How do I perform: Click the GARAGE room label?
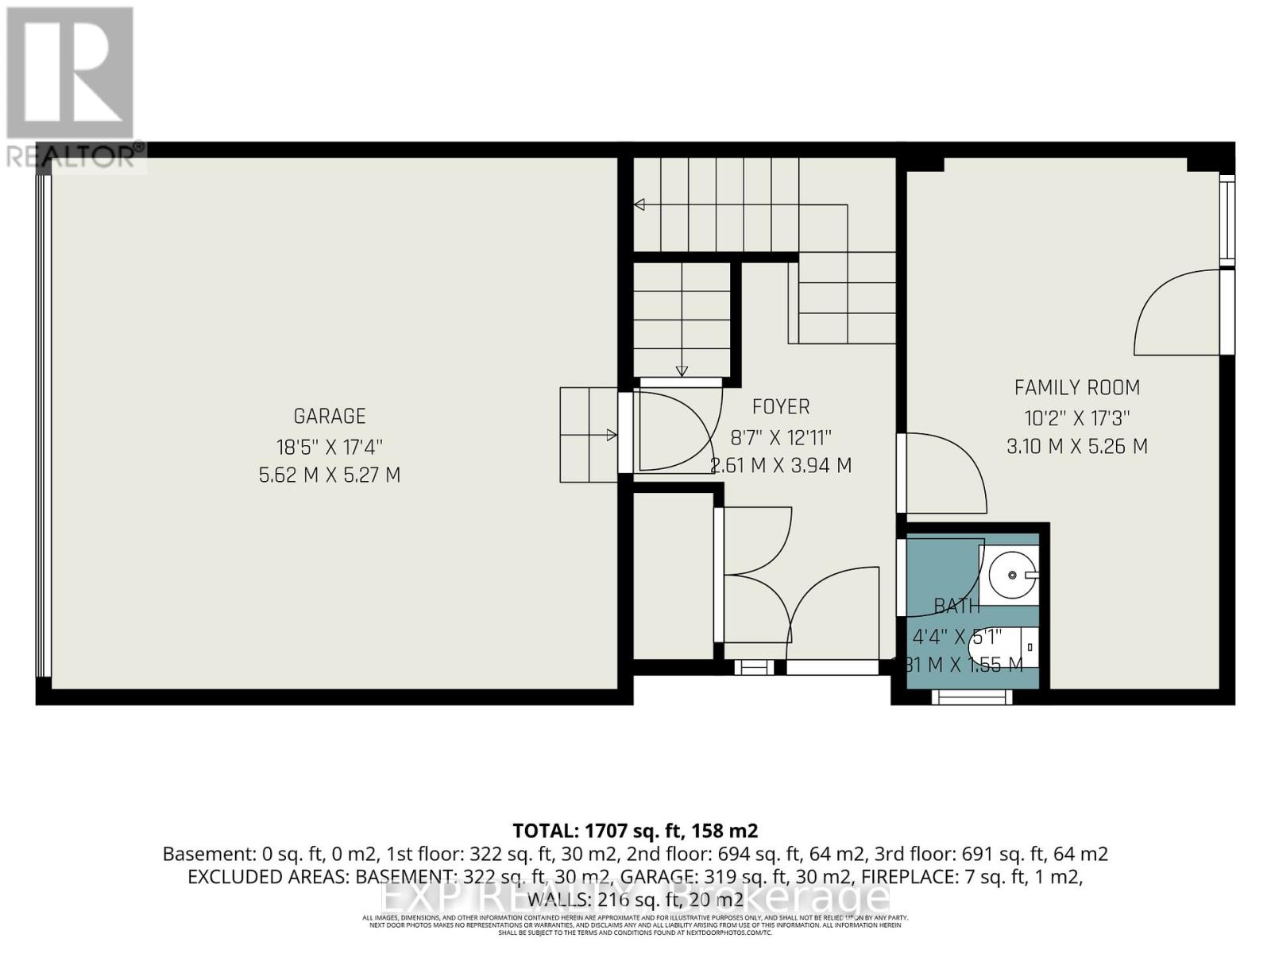(330, 416)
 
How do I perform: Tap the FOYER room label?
(781, 406)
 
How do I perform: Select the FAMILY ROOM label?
(1076, 387)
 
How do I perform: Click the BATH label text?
(956, 606)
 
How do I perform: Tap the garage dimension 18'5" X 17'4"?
(330, 446)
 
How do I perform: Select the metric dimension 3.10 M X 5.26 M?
(1076, 446)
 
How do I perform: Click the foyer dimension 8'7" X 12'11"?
(781, 436)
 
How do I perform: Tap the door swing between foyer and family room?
(945, 473)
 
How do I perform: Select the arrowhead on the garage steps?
(612, 435)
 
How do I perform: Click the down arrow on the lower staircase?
(682, 370)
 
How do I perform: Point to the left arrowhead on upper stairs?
(639, 205)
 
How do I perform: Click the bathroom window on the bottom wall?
(972, 697)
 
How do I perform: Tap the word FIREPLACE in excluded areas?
(905, 877)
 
